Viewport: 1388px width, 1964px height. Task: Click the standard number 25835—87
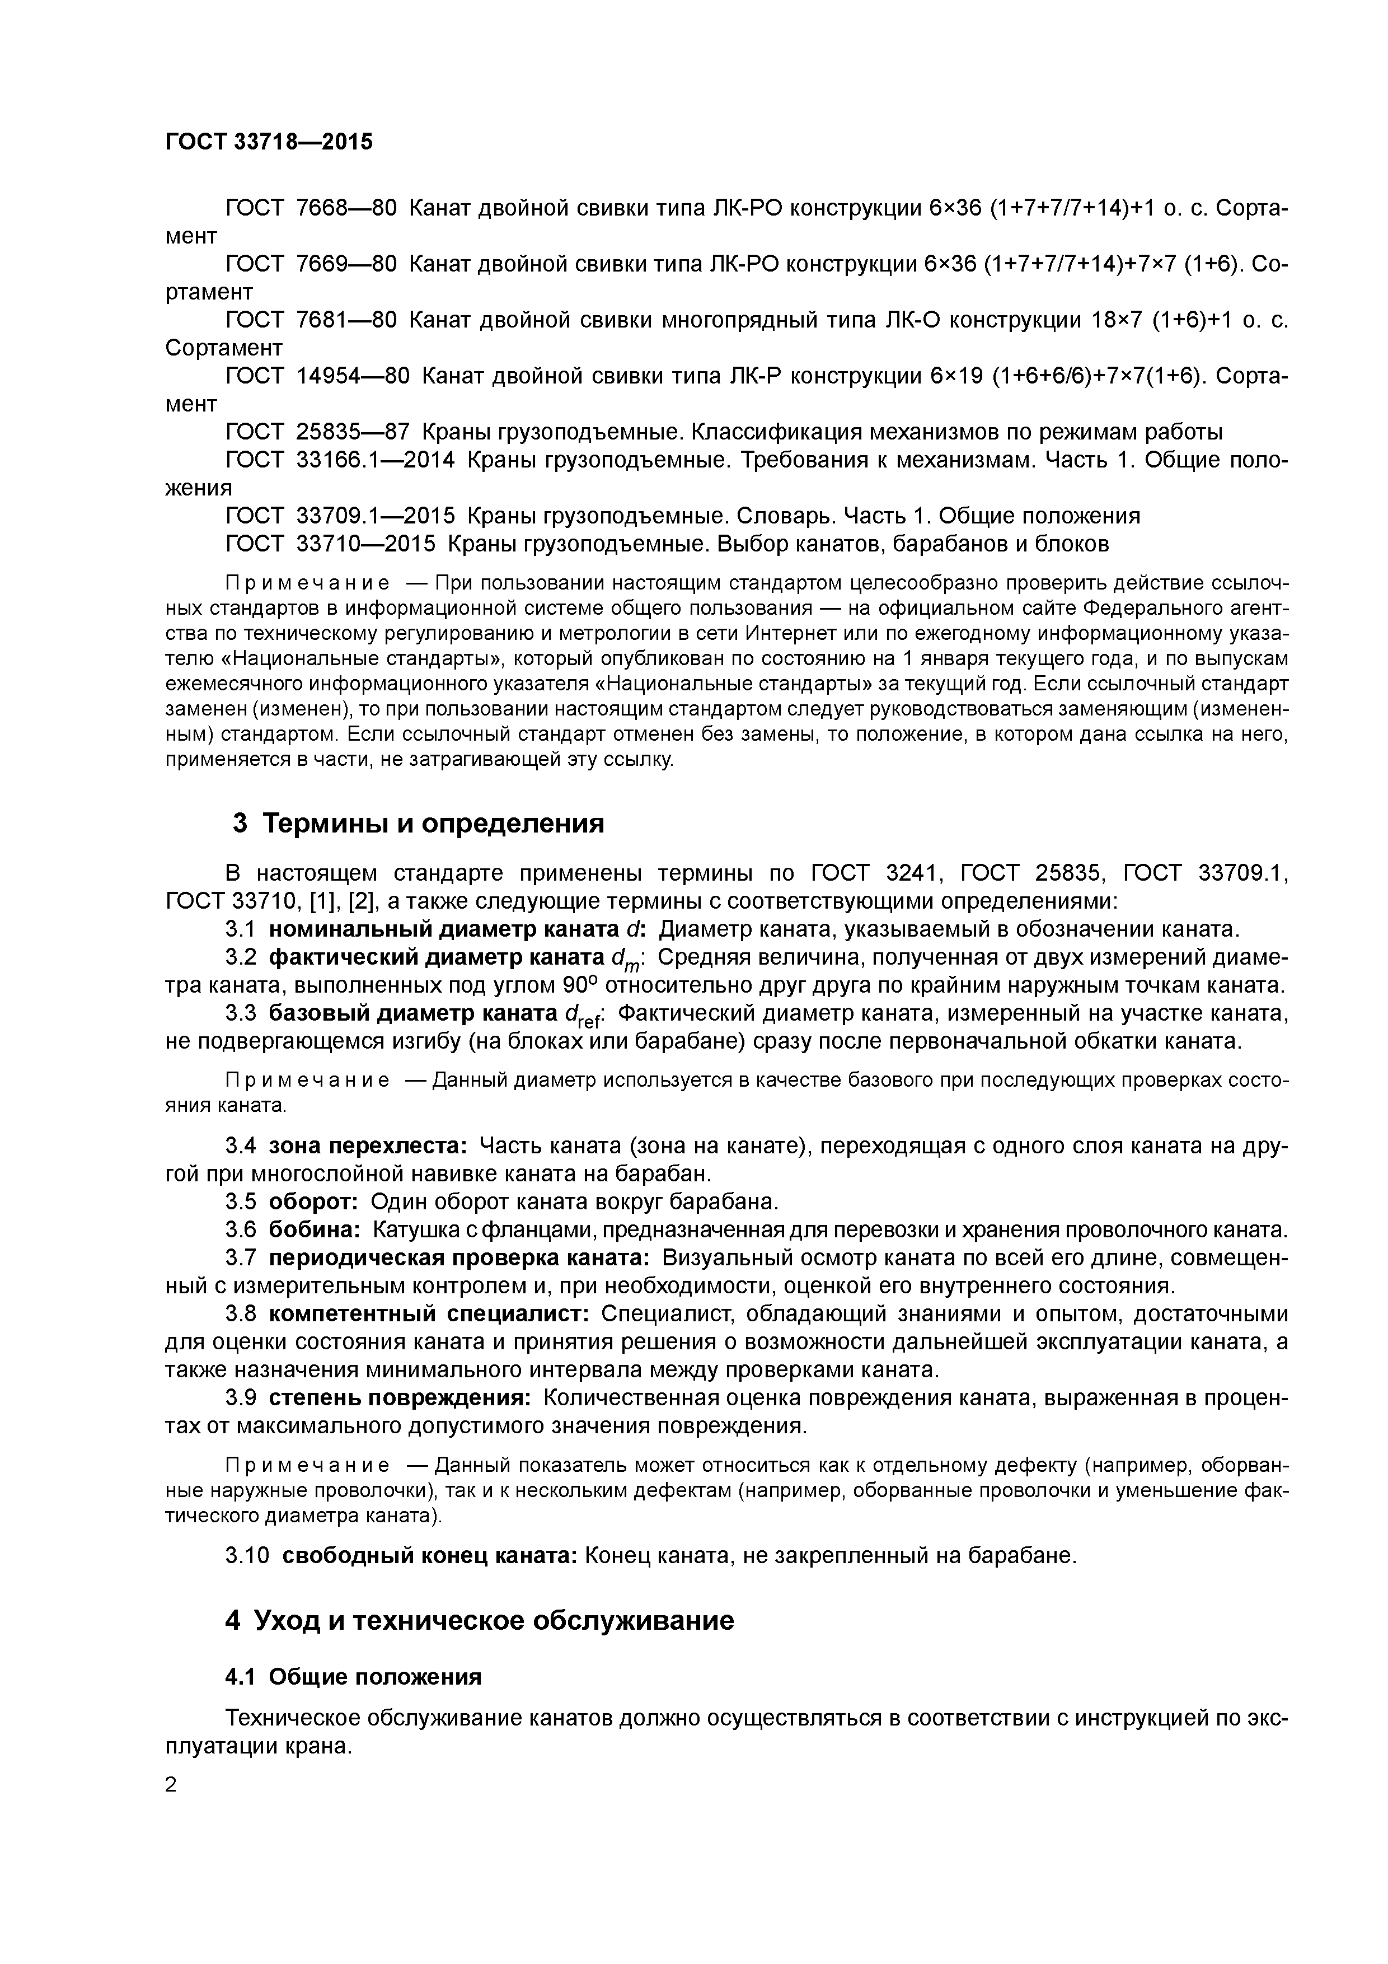353,432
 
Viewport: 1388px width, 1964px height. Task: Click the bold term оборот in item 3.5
313,1202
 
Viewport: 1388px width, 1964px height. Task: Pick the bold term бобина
315,1230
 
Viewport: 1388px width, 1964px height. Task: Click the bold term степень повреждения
400,1398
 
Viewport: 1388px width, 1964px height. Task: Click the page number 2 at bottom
170,1784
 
